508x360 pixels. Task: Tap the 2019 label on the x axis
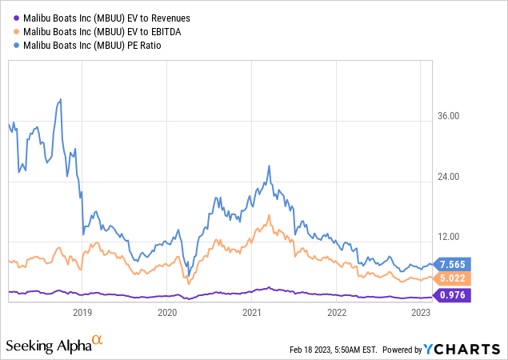click(x=82, y=314)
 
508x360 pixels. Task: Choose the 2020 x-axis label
click(x=167, y=314)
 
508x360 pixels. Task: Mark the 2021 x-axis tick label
click(x=252, y=314)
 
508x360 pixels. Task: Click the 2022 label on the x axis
click(x=337, y=314)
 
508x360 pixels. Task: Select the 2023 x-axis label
click(x=421, y=314)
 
